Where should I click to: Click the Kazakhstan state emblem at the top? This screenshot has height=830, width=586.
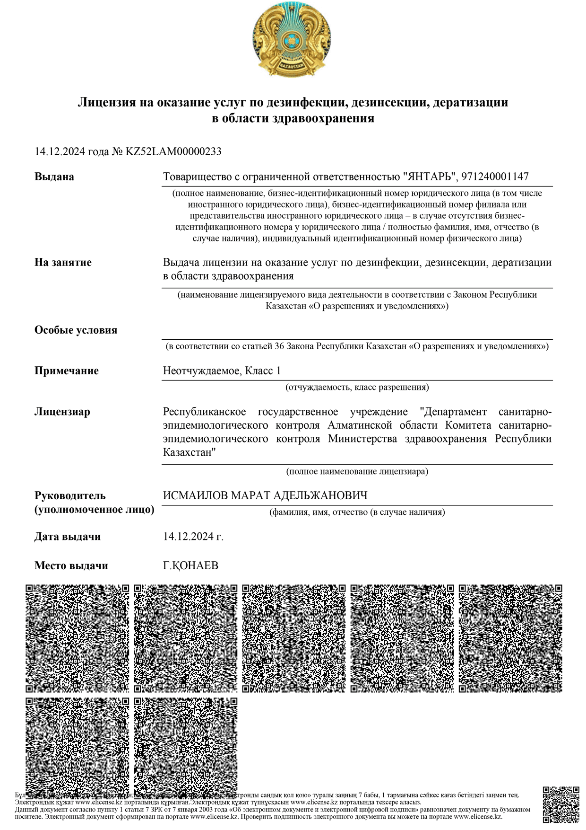[292, 39]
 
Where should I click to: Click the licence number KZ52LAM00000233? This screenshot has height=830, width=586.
[173, 152]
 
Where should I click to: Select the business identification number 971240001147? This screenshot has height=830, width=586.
[495, 177]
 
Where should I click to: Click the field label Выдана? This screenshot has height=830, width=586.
[54, 177]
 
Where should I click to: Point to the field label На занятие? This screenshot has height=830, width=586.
[63, 263]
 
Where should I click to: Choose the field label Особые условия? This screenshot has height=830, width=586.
[76, 330]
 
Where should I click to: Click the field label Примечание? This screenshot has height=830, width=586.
[67, 371]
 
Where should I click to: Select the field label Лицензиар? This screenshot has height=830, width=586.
[62, 412]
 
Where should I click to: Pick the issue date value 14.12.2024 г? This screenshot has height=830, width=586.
[193, 537]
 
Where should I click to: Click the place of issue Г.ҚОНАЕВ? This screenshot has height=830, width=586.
[190, 566]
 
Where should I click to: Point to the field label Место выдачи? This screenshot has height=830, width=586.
[71, 566]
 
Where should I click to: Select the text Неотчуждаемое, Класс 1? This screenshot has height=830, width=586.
[222, 371]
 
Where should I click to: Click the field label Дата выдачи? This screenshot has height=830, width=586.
[68, 537]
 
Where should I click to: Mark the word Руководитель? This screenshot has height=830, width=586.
[70, 496]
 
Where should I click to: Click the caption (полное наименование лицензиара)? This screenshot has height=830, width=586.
[357, 471]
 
